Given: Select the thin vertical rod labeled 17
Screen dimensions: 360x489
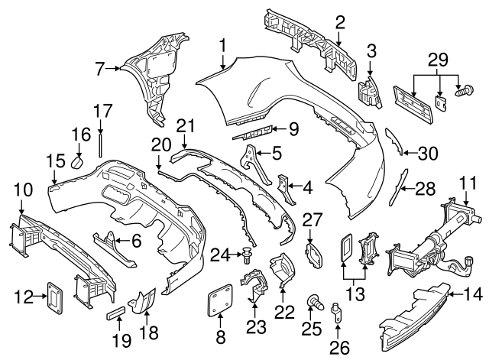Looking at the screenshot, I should coord(100,144).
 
